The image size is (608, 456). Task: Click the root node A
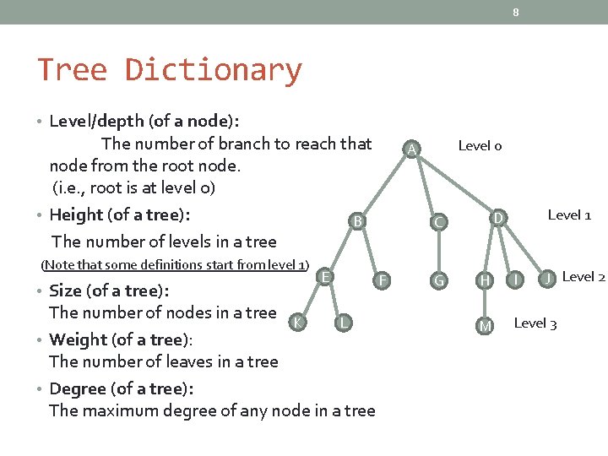(410, 149)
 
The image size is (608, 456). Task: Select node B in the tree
(358, 221)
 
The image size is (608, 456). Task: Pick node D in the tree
(499, 219)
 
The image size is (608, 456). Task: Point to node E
(325, 275)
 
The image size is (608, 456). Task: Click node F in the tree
(383, 280)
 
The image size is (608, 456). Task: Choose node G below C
(438, 280)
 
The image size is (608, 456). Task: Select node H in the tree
(485, 280)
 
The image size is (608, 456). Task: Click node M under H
(485, 326)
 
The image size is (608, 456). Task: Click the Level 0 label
(480, 146)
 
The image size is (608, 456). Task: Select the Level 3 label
(535, 323)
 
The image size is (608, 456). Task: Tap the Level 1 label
(569, 214)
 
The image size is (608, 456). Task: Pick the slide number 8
(515, 12)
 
